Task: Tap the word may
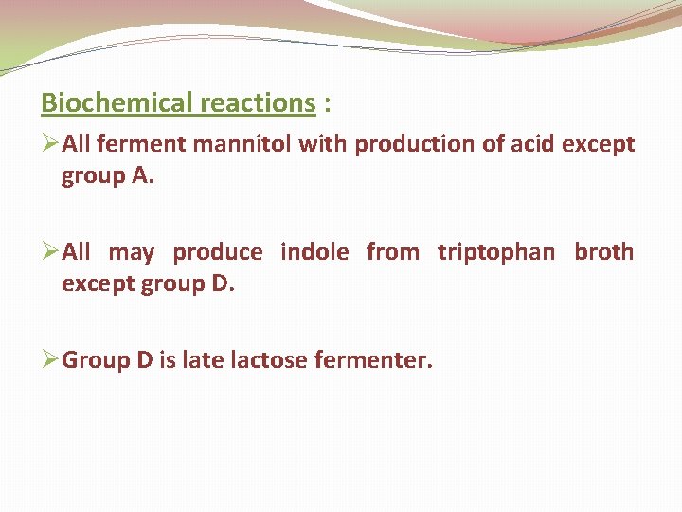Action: (x=132, y=253)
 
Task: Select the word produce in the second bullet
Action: (x=218, y=253)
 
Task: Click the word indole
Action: (x=315, y=253)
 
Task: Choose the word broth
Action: (x=604, y=253)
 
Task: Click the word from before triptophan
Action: (x=393, y=253)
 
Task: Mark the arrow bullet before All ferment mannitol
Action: (x=50, y=145)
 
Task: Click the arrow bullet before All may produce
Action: (x=50, y=252)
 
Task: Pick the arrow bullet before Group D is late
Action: (x=50, y=360)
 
